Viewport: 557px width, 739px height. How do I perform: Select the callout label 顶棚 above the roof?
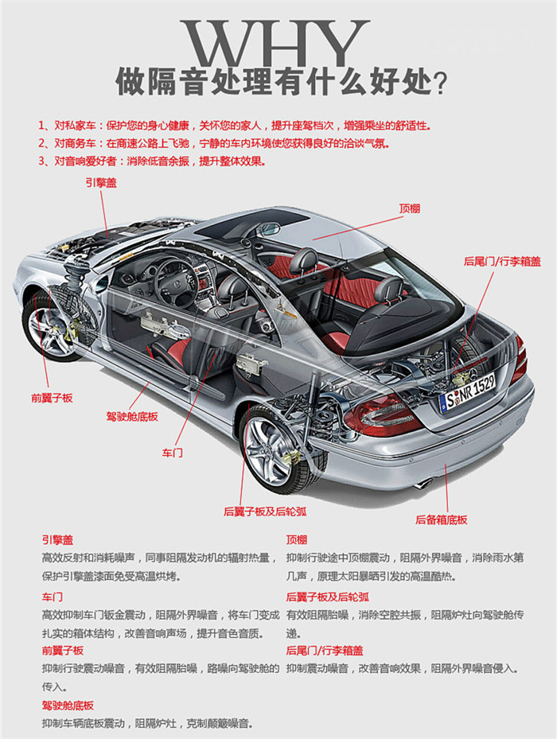[410, 208]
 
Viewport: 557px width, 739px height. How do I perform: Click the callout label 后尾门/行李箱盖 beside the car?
[502, 261]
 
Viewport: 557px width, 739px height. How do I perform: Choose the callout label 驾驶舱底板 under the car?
[132, 416]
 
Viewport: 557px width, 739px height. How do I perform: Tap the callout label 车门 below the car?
[173, 453]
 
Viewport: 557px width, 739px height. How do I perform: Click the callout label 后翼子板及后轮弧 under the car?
[265, 511]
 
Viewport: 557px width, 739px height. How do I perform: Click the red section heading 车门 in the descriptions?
[53, 596]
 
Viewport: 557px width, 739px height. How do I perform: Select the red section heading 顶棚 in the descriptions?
[297, 539]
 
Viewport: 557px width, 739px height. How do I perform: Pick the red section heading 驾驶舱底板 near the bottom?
[68, 705]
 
